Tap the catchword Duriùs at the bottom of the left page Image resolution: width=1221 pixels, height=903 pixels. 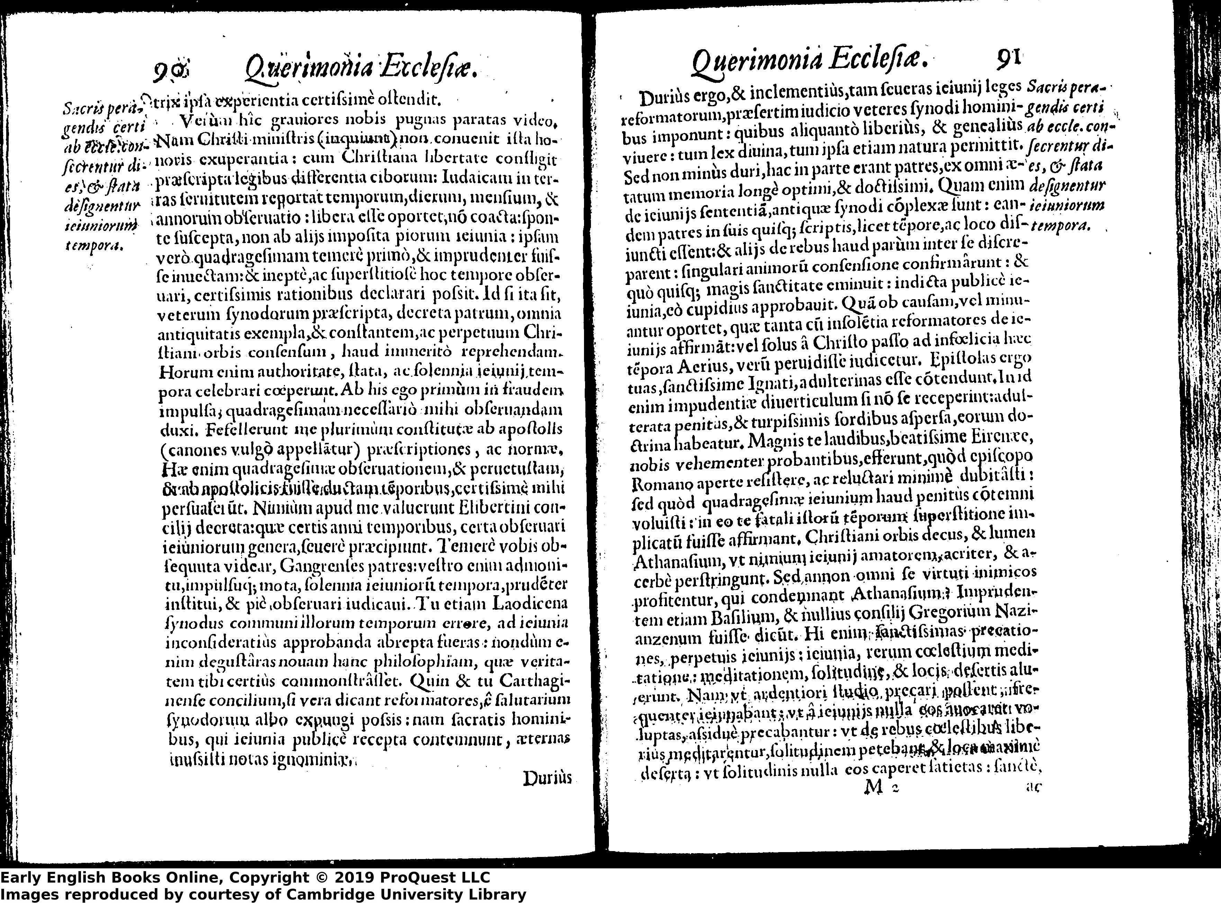pos(547,778)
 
